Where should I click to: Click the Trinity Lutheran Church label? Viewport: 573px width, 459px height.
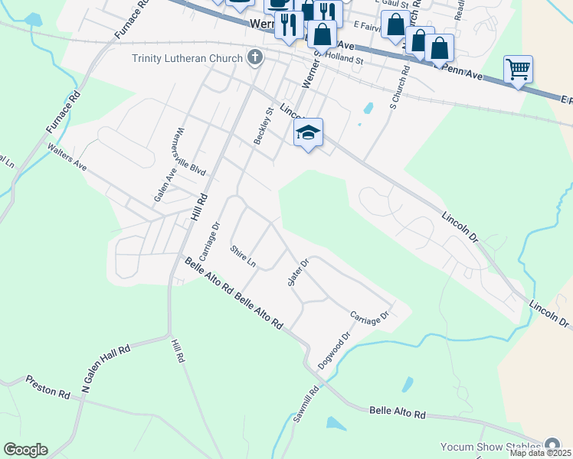coord(188,58)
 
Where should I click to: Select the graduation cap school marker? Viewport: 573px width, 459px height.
coord(308,133)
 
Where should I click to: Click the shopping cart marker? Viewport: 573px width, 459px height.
coord(519,70)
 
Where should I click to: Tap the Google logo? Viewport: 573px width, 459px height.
coord(25,450)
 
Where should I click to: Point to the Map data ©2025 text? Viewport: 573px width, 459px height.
coord(539,453)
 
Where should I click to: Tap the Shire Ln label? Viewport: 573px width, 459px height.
coord(242,256)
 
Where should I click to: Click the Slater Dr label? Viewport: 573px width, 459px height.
coord(297,272)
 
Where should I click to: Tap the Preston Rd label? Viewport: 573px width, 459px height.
coord(47,385)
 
